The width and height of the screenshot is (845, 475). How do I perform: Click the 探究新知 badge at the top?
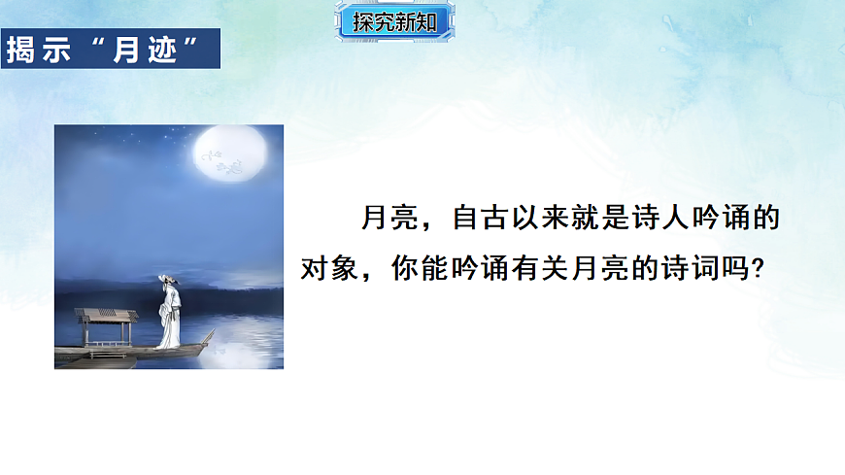(394, 21)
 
